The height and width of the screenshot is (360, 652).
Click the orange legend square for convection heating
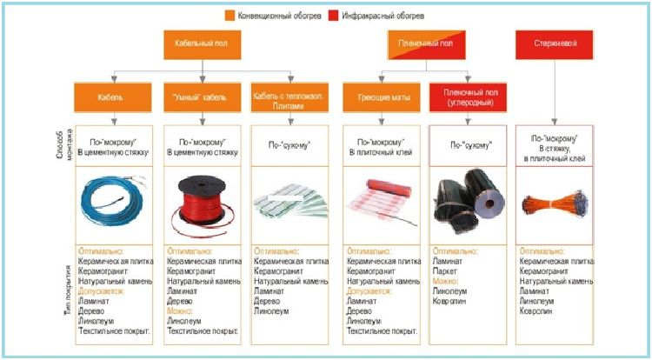[x=230, y=15]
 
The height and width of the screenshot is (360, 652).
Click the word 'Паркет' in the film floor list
[x=446, y=270]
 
